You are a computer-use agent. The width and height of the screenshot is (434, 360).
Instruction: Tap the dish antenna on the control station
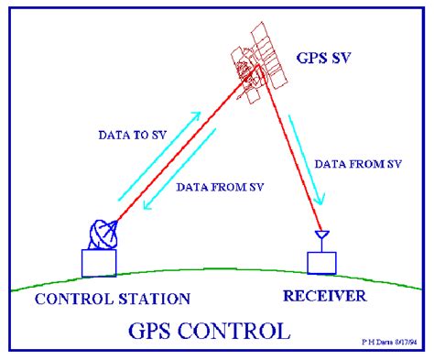tap(102, 236)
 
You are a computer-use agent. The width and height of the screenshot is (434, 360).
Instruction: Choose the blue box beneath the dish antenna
tap(99, 263)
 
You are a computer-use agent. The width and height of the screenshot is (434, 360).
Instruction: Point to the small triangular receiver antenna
tap(321, 237)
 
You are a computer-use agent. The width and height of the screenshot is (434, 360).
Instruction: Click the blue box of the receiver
tap(322, 261)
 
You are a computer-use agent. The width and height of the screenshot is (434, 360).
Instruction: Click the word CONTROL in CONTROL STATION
tap(72, 299)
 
